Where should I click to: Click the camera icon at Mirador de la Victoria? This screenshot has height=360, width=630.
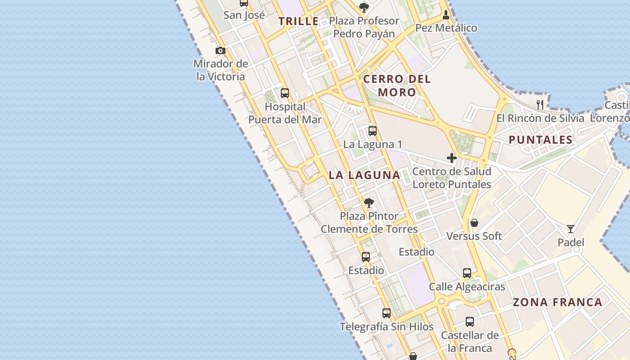click(x=220, y=50)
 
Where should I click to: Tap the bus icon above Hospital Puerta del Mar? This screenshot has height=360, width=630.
click(x=285, y=93)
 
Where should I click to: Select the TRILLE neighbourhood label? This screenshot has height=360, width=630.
click(x=299, y=21)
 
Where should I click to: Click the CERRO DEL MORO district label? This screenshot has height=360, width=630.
click(x=397, y=85)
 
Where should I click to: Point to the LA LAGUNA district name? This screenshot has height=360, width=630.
click(x=364, y=175)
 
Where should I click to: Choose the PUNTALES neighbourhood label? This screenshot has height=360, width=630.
click(x=540, y=139)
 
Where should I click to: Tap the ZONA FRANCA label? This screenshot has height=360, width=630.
click(x=558, y=302)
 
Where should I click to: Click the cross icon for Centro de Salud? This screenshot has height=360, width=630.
click(x=452, y=158)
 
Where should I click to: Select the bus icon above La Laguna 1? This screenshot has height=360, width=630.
click(x=373, y=131)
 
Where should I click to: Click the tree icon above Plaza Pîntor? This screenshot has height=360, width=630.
click(x=369, y=202)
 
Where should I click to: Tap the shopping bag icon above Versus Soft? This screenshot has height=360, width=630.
click(x=474, y=222)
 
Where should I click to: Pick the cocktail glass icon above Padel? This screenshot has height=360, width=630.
click(x=571, y=229)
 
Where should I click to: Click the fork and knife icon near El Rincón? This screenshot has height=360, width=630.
click(x=540, y=105)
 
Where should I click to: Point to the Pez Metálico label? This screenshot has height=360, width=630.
click(x=446, y=28)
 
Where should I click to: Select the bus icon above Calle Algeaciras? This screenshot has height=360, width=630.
click(x=467, y=273)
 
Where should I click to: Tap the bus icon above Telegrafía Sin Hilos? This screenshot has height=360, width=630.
click(x=387, y=313)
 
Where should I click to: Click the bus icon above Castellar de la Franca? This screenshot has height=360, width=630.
click(x=470, y=321)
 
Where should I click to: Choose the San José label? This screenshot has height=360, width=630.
click(x=244, y=15)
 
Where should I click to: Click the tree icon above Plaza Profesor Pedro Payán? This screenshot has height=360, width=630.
click(x=364, y=7)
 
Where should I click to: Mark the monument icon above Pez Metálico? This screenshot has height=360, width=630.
click(x=446, y=14)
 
